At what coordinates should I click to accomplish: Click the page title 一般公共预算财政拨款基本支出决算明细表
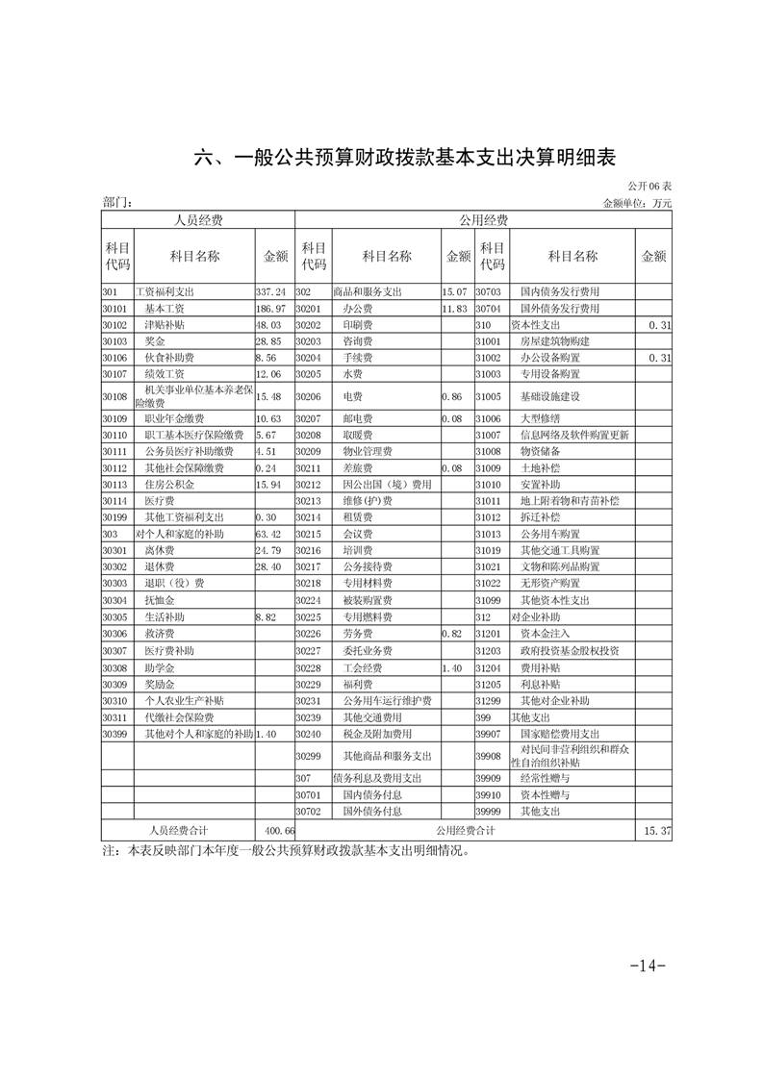pos(405,157)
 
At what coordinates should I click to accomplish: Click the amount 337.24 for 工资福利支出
pos(271,291)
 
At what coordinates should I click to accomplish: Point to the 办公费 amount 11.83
pos(454,309)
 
